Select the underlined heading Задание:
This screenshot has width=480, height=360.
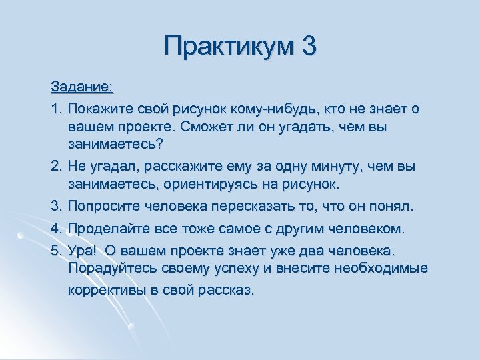pos(82,87)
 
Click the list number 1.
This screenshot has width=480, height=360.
pos(55,108)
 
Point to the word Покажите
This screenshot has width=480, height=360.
pos(98,108)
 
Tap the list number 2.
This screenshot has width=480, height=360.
pos(55,165)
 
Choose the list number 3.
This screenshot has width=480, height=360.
pos(55,207)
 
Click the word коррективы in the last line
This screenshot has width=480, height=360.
pos(105,291)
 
